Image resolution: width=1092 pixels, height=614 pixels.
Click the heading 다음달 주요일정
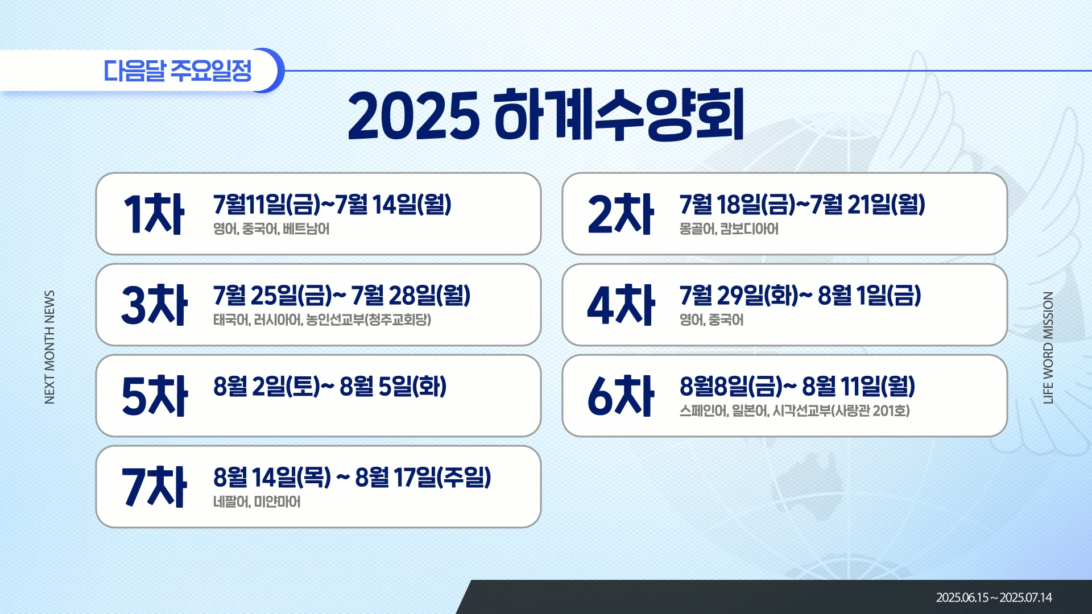point(177,70)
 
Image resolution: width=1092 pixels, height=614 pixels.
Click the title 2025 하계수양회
point(546,115)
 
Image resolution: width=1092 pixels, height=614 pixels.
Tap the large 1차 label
point(154,214)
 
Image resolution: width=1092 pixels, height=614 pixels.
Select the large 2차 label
point(621,214)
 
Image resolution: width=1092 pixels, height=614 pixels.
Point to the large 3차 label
point(154,305)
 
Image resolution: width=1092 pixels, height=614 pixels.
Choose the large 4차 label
point(621,305)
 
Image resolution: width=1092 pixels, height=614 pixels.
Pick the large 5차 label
point(154,396)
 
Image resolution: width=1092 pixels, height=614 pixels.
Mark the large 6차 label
point(621,396)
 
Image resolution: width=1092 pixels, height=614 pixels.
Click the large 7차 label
point(154,487)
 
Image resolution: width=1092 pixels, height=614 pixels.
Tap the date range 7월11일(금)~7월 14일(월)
point(332,204)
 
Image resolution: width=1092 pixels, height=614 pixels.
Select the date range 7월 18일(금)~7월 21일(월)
point(802,204)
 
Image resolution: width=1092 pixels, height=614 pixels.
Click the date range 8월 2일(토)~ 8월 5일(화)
point(330,386)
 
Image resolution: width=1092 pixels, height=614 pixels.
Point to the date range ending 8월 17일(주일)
point(352,477)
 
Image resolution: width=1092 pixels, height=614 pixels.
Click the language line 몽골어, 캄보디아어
point(729,229)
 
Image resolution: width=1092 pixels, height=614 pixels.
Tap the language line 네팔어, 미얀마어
point(257,501)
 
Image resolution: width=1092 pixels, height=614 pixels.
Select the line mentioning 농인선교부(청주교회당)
point(322,320)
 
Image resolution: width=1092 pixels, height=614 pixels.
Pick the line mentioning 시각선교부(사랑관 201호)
point(795,410)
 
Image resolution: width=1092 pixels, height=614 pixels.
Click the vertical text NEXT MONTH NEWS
point(49,347)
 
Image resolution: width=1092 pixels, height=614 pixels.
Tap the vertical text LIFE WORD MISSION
point(1048,347)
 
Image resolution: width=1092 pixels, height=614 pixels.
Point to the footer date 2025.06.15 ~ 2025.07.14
point(994,598)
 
